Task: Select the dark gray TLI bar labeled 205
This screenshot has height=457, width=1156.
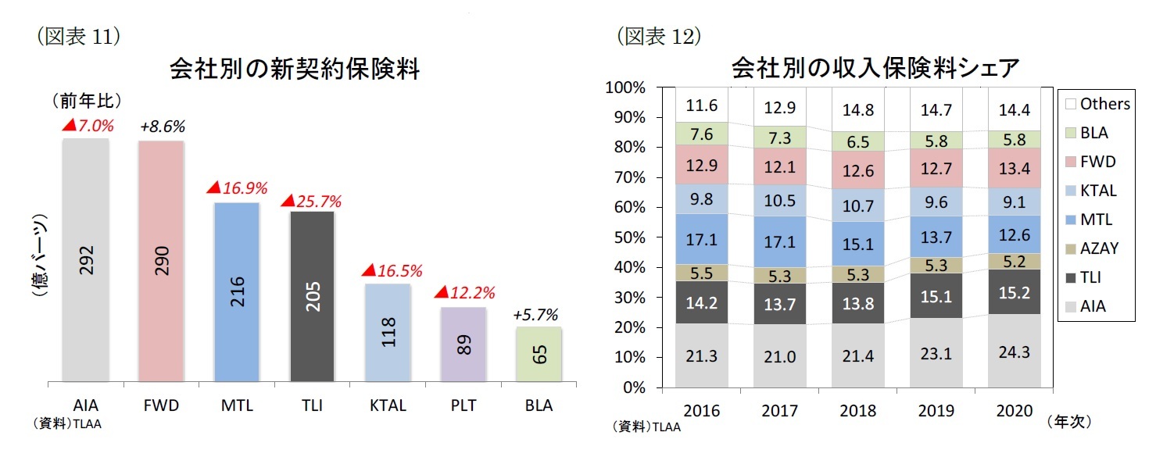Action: click(x=312, y=297)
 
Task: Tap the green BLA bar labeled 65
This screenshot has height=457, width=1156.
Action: click(x=539, y=355)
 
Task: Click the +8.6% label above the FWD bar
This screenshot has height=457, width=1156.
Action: click(x=163, y=127)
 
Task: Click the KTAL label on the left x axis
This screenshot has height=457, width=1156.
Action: click(x=388, y=406)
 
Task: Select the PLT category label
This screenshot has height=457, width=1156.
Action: click(x=463, y=406)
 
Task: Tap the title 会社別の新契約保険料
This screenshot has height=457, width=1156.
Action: click(x=295, y=70)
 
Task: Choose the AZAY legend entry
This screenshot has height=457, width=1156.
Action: click(x=1098, y=248)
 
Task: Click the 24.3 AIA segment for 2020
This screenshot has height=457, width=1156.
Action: click(x=1015, y=352)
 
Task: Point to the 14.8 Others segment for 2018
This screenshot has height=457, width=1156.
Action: click(x=858, y=111)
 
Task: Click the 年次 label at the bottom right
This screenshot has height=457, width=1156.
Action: click(x=1068, y=422)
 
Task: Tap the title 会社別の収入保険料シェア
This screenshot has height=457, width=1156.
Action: click(x=875, y=69)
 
